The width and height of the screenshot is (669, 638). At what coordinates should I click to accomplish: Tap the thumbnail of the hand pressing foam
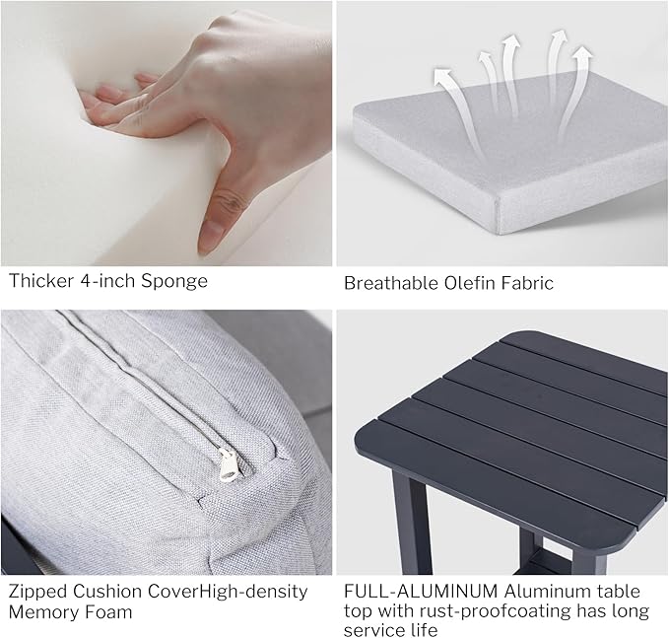click(x=167, y=133)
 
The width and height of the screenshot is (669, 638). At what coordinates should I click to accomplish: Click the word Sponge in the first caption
click(x=174, y=282)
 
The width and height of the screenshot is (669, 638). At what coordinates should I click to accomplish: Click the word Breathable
click(x=391, y=283)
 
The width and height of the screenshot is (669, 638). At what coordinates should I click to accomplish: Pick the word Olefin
click(x=470, y=283)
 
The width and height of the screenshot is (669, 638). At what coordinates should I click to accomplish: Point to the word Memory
click(x=42, y=612)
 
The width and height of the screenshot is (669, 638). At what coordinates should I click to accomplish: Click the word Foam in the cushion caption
click(x=108, y=611)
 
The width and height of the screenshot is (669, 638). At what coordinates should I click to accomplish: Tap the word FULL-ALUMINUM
click(x=421, y=592)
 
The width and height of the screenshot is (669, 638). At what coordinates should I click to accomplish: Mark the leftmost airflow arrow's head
click(x=442, y=76)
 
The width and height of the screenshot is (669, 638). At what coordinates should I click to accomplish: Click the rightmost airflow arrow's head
click(x=582, y=54)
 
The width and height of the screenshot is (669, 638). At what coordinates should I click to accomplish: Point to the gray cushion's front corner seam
click(x=497, y=217)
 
